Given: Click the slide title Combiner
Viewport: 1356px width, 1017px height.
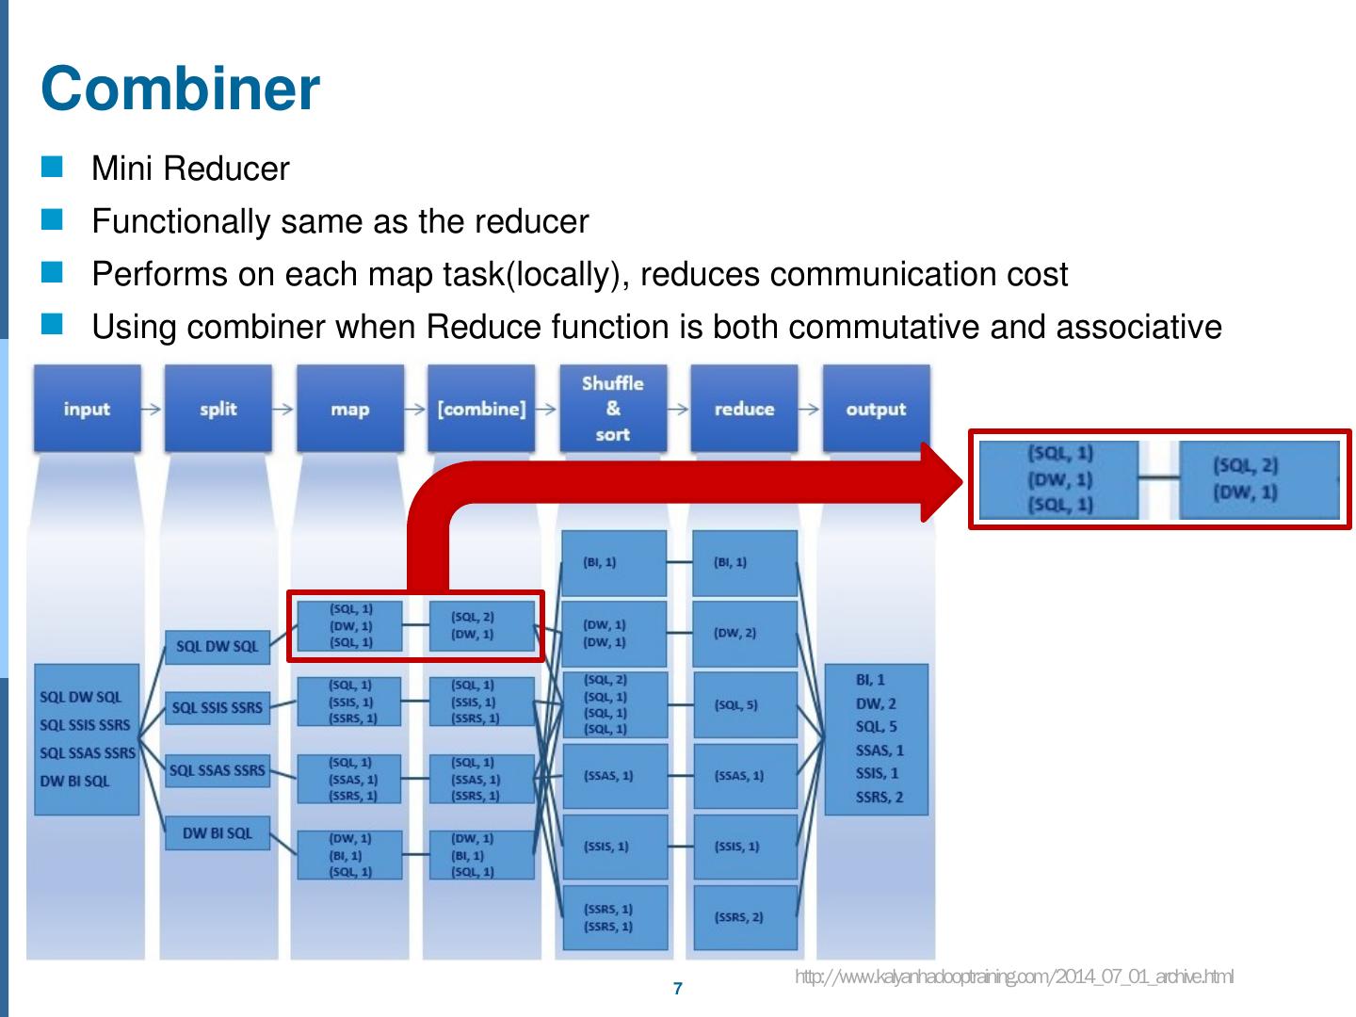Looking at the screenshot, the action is [x=181, y=89].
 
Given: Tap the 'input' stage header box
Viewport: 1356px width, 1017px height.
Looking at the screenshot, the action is [x=87, y=409].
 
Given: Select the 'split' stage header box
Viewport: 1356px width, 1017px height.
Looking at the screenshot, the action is [x=218, y=409].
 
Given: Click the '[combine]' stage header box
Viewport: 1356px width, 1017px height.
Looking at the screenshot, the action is [x=481, y=409].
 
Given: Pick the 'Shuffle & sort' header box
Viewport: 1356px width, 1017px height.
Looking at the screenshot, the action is [x=612, y=409].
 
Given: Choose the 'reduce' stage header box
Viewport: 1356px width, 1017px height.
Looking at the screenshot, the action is [x=744, y=409].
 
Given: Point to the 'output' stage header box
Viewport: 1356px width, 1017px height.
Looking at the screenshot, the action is [x=876, y=409].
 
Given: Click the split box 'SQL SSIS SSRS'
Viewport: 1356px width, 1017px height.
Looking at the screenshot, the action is [x=218, y=707].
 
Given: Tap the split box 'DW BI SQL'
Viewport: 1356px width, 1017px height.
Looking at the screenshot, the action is [x=218, y=833].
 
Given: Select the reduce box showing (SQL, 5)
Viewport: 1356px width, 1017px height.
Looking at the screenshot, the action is [x=745, y=704].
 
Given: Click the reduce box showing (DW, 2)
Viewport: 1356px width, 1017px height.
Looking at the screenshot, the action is [x=745, y=633].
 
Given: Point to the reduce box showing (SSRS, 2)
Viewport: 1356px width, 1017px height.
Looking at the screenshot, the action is [x=745, y=916].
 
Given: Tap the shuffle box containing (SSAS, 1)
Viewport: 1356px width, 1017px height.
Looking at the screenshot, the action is [x=614, y=776].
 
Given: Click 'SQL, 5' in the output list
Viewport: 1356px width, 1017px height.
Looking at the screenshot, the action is [x=876, y=726].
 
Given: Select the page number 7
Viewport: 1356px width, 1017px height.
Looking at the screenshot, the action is [x=678, y=989].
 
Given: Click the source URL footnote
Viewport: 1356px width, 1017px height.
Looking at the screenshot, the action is [x=1014, y=977].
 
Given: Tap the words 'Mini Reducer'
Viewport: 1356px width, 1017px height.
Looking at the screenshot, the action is [x=190, y=169].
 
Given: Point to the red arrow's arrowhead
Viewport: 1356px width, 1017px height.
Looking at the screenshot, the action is [x=942, y=481].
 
